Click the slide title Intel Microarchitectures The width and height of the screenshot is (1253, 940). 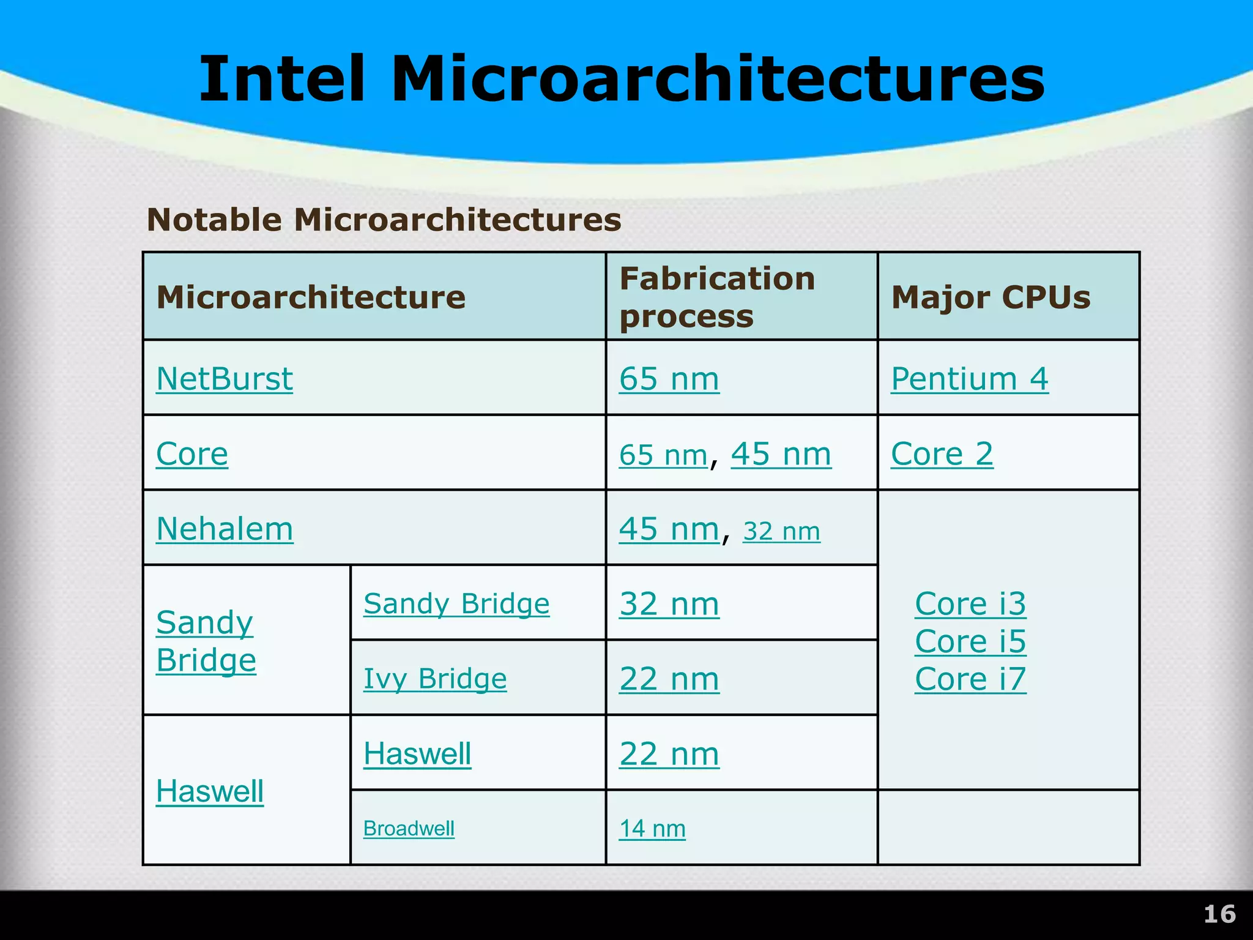pos(622,80)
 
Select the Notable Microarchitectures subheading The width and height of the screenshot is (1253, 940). pos(384,220)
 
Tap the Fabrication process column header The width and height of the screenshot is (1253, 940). pos(717,297)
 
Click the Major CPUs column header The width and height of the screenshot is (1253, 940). pos(991,297)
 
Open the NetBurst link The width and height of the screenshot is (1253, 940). pos(225,379)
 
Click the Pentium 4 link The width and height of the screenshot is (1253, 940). pos(969,379)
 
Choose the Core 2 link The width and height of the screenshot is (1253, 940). pos(942,454)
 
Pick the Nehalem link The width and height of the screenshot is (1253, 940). pos(225,529)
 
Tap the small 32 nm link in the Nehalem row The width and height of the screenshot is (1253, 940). pos(781,531)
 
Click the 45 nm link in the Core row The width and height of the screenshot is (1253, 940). pos(781,454)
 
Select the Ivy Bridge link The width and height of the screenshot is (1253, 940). pos(435,679)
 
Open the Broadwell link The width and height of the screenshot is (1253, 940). pos(409,829)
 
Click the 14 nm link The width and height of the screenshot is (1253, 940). pos(652,829)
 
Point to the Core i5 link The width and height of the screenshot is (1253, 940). pos(970,641)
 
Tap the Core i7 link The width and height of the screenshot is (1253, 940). pos(970,679)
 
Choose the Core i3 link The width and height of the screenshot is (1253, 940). pos(970,604)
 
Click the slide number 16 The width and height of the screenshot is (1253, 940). pos(1219,914)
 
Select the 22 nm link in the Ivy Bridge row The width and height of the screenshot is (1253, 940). pos(669,679)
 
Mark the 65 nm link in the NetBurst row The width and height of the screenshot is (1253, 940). pos(669,379)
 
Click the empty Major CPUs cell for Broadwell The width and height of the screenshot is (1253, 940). pos(1008,827)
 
